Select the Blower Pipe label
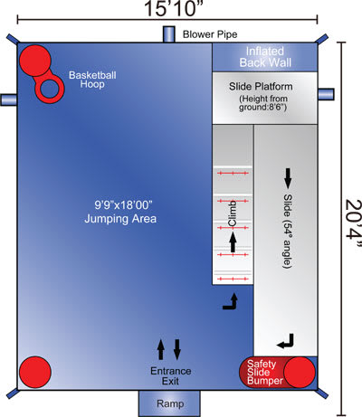coord(210,34)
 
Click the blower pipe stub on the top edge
coord(169,34)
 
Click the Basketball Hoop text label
coord(92,80)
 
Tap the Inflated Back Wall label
coord(265,57)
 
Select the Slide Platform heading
coord(261,87)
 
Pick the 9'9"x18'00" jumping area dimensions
coord(123,205)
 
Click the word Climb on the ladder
coord(233,213)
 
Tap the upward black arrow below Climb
coord(233,242)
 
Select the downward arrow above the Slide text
coord(288,178)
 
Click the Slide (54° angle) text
coord(288,232)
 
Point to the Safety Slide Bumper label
coord(265,373)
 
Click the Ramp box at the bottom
coord(169,403)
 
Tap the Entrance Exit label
coord(171,375)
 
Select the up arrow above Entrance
coord(161,349)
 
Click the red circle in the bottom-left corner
coord(35,372)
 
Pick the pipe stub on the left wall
coord(8,100)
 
